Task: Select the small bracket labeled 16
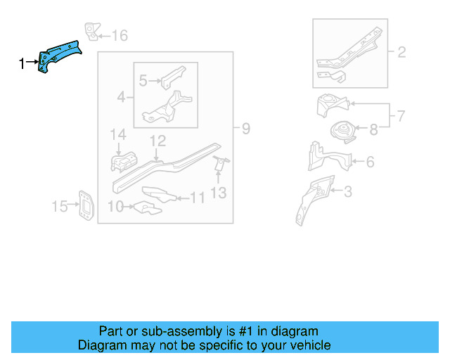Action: (91, 32)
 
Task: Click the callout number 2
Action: (402, 51)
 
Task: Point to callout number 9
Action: (245, 129)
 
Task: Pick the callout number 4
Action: (122, 96)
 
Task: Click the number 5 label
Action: (143, 81)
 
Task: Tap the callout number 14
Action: (117, 134)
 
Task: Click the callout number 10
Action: (116, 206)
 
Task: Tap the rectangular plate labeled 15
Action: (84, 205)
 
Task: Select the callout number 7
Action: (401, 115)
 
